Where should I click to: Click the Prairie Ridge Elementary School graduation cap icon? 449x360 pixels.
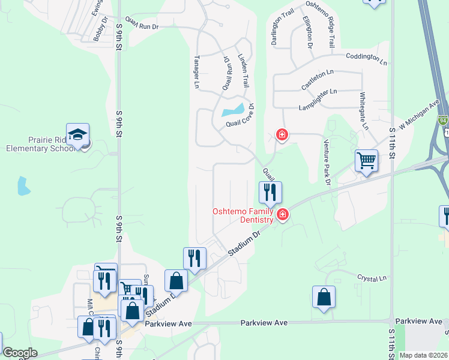point(77,134)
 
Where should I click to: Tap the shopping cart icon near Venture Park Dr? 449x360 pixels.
point(366,161)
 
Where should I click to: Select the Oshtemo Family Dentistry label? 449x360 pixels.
point(244,215)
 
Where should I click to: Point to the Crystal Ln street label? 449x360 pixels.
point(372,278)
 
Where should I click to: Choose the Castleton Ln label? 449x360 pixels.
point(318,79)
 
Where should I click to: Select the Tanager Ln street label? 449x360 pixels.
point(196,72)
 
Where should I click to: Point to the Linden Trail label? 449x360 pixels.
point(244,69)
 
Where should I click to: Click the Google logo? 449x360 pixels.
point(20,352)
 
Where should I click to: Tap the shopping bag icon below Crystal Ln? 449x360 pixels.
point(324,297)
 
